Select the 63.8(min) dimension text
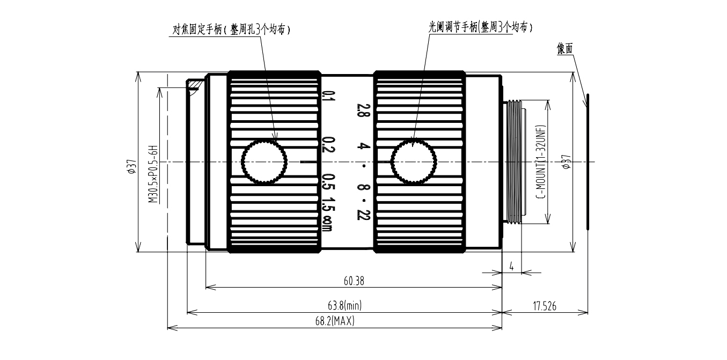344,305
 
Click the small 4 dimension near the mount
511,266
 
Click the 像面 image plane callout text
565,49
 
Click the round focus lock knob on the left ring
264,161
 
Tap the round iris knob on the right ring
413,161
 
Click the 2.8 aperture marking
359,110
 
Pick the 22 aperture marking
359,215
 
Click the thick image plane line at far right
588,161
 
